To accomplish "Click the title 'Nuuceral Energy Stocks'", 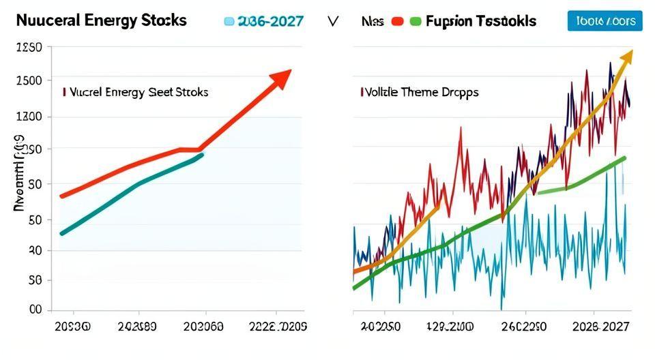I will (101, 20).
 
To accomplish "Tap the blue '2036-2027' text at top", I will (268, 21).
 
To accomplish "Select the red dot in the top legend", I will (396, 21).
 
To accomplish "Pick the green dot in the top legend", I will (415, 21).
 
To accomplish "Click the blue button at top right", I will (605, 21).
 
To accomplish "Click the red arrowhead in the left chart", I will (280, 78).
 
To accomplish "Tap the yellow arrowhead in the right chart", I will (626, 57).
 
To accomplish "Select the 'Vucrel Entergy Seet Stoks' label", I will (137, 91).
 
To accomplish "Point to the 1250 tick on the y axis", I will (28, 48).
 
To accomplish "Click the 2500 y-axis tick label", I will (28, 80).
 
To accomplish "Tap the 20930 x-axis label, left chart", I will (71, 327).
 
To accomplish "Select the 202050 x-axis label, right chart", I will (381, 327).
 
